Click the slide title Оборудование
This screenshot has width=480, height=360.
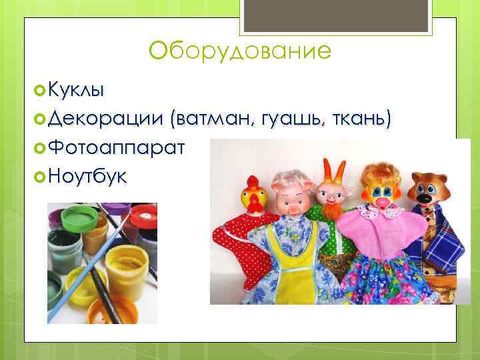point(240,51)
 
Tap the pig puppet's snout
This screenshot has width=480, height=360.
point(291,208)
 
